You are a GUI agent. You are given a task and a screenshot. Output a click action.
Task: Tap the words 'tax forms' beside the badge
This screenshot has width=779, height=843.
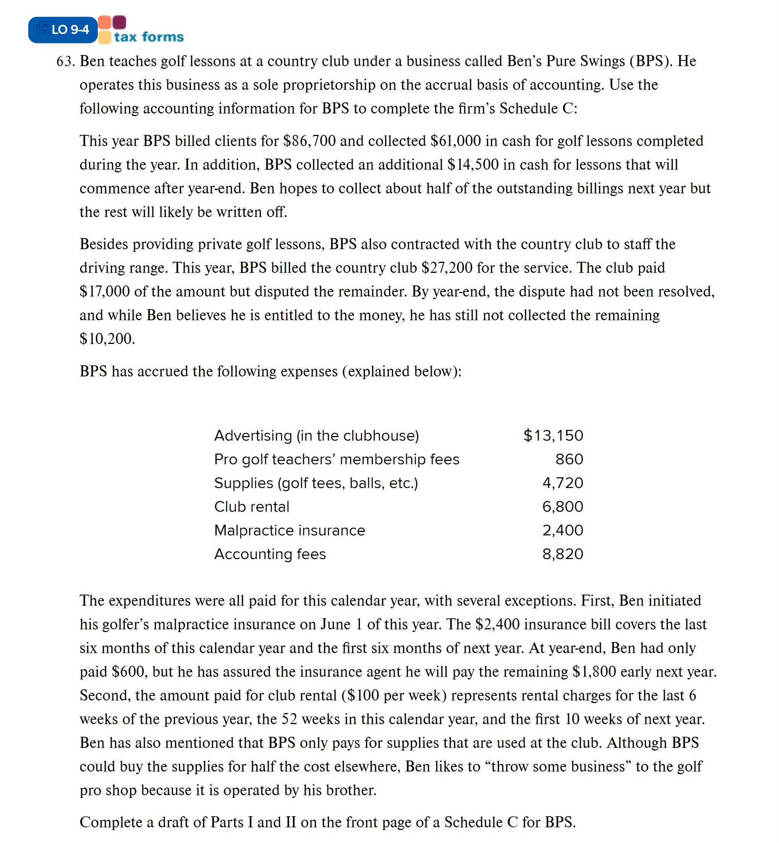[x=149, y=37]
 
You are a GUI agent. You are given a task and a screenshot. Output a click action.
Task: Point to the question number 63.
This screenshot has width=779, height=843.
[x=65, y=61]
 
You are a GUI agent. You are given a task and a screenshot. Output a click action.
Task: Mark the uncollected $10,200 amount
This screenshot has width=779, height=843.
[x=107, y=339]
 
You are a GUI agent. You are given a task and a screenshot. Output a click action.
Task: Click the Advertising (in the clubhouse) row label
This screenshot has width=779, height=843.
[x=317, y=436]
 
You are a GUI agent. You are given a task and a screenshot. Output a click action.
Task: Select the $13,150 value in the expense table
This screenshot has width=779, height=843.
[x=553, y=436]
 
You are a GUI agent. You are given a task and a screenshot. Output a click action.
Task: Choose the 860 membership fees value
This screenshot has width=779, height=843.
[x=569, y=459]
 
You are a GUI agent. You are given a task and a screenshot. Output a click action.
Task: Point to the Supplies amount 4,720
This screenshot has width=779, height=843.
[x=563, y=483]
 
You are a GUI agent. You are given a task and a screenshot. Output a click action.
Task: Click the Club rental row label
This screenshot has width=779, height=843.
[x=252, y=506]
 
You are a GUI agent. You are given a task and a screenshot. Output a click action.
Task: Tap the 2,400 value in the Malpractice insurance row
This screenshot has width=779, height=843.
[x=563, y=530]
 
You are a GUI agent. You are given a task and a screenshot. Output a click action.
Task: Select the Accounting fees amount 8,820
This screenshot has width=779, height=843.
[x=563, y=554]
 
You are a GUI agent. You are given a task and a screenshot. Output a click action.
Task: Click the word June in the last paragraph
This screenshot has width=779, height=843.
[x=335, y=624]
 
